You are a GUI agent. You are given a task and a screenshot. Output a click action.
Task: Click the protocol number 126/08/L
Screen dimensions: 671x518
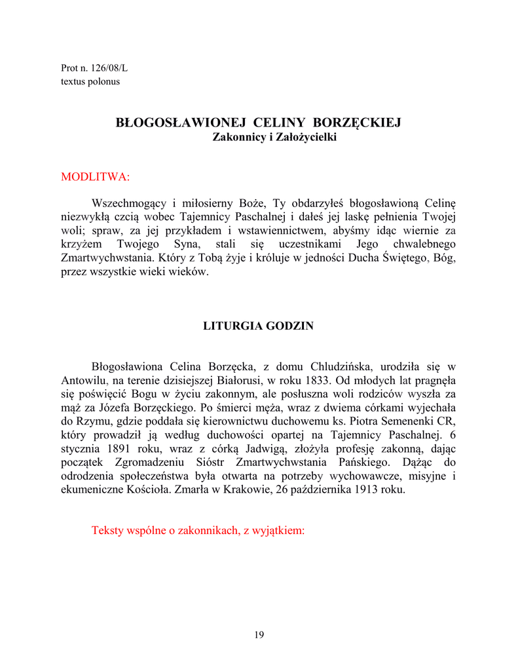pos(105,68)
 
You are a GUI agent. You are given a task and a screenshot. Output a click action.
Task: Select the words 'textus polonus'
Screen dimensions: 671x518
pos(90,82)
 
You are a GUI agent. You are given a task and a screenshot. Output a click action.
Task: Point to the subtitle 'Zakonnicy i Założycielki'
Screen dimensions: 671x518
pos(274,138)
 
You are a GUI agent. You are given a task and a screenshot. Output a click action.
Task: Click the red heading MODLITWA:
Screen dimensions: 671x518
pos(96,176)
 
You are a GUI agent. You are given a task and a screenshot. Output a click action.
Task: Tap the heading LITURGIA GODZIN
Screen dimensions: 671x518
pos(259,326)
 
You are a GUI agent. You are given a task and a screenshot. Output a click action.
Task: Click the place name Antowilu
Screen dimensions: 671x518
pos(84,381)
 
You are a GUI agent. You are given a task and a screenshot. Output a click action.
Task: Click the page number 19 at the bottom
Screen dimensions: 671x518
pos(259,634)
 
